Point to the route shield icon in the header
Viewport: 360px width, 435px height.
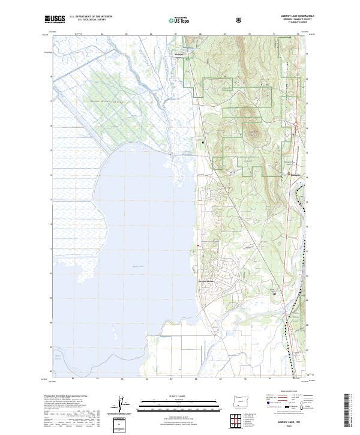tap(239, 20)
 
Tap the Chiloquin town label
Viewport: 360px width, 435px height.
tap(290, 175)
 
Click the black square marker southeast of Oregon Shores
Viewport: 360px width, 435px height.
tap(274, 293)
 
